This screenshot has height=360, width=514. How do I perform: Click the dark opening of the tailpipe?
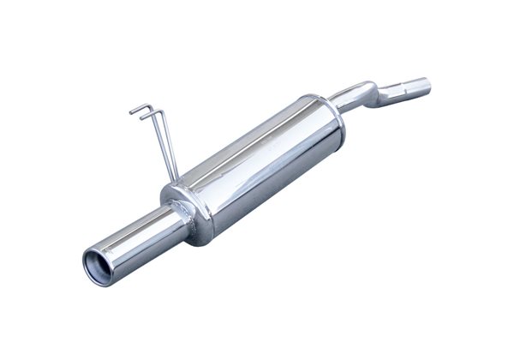tap(101, 267)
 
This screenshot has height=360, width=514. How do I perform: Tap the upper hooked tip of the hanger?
tap(132, 109)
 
